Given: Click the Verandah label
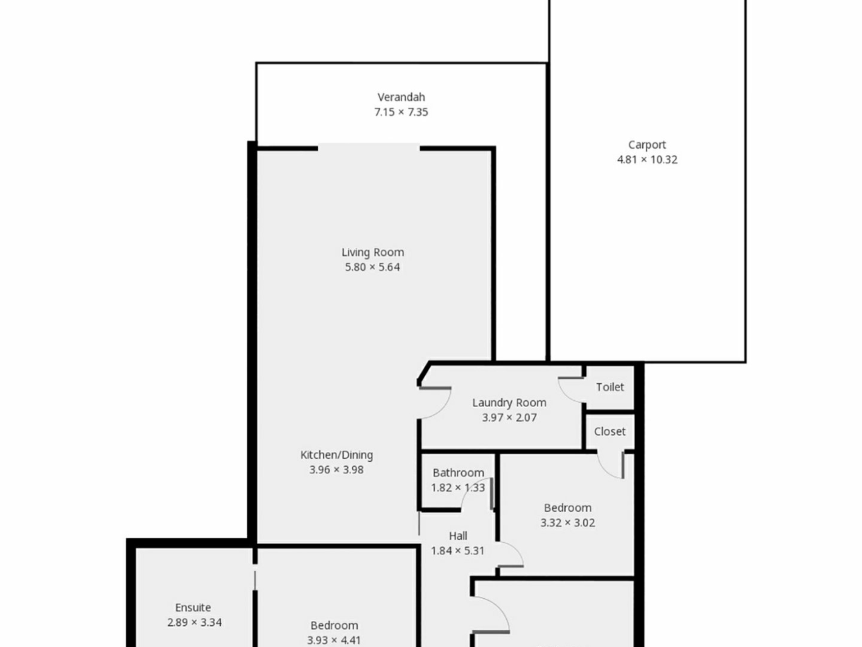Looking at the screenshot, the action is click(401, 97).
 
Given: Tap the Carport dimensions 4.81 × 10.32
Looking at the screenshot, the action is click(647, 160).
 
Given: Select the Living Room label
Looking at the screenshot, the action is click(373, 253).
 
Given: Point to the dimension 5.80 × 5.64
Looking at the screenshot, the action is click(372, 267).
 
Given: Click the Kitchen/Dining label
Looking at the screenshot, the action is click(336, 455).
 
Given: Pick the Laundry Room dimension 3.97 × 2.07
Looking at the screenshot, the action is click(509, 417).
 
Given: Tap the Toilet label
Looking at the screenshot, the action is click(610, 387).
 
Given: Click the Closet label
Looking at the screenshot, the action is click(610, 431).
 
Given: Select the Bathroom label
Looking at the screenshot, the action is click(458, 473).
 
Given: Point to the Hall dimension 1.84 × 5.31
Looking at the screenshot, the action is click(457, 550).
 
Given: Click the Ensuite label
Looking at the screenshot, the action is click(193, 607).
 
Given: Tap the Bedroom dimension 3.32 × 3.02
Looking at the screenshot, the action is click(567, 523).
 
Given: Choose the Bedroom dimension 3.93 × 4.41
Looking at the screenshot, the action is click(334, 640).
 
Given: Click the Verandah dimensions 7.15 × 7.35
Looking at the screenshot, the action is click(401, 112).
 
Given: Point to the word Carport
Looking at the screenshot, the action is click(647, 145).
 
